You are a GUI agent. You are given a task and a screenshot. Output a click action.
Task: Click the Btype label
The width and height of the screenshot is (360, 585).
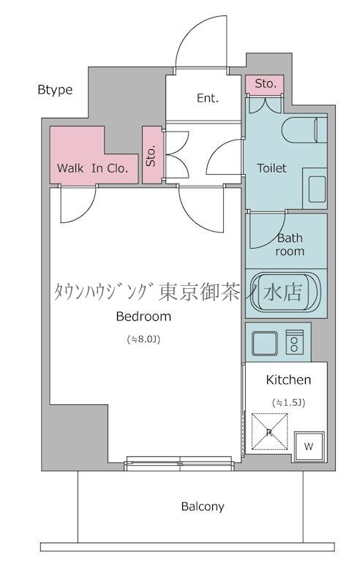click(55, 90)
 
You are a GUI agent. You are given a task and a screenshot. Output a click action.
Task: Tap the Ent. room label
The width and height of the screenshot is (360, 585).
click(207, 98)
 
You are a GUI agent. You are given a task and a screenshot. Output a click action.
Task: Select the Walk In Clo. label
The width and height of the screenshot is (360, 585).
click(94, 167)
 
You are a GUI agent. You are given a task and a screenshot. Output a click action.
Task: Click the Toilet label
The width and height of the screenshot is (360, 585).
click(271, 168)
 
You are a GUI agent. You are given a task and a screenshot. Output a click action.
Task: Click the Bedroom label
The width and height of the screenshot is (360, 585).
click(143, 317)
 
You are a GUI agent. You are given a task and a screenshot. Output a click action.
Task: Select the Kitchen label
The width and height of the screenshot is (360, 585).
click(288, 380)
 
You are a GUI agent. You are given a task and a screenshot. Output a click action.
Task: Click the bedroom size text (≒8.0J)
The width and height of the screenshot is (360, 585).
click(144, 339)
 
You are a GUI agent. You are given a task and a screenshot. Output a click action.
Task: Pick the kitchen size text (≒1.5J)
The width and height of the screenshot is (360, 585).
click(288, 402)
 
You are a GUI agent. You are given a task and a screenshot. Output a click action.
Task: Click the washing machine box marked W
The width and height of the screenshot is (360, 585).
click(308, 445)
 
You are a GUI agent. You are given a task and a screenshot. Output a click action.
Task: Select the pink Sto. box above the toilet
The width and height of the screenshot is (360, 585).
click(266, 84)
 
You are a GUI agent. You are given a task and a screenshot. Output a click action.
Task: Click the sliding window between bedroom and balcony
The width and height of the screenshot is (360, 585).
click(179, 461)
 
